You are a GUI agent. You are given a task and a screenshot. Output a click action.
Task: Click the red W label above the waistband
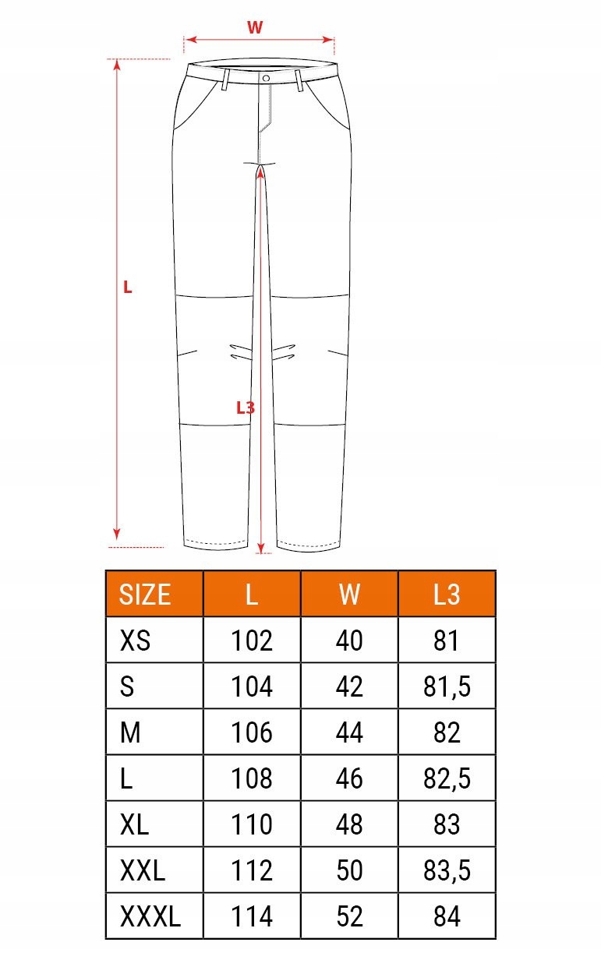(x=255, y=28)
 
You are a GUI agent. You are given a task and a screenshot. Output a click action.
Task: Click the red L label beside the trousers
(x=128, y=288)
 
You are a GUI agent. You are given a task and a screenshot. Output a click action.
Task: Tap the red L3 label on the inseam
(x=246, y=408)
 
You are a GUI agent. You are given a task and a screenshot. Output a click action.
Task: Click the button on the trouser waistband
(x=267, y=79)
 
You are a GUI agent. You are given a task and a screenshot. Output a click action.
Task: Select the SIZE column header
(x=145, y=595)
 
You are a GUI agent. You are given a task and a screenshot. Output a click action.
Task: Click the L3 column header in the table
(x=447, y=595)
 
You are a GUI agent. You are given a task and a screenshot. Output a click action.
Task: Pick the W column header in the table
(x=349, y=595)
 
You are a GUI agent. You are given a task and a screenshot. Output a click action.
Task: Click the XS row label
(x=136, y=641)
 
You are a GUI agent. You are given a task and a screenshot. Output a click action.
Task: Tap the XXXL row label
(x=150, y=916)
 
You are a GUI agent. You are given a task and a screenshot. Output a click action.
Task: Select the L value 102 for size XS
(x=252, y=641)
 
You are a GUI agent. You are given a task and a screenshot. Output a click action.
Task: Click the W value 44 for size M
(x=349, y=732)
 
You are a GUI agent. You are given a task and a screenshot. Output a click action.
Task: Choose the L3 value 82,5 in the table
(x=447, y=778)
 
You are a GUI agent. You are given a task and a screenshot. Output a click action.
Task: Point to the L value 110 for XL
(x=252, y=824)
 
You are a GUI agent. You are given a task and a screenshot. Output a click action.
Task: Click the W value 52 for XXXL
(x=349, y=916)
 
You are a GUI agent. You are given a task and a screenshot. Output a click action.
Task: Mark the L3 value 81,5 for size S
(x=447, y=686)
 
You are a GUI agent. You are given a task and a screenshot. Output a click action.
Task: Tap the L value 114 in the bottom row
(x=252, y=916)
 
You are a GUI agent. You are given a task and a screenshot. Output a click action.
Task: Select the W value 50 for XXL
(x=349, y=870)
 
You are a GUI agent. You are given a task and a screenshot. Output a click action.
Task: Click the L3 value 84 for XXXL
(x=447, y=916)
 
